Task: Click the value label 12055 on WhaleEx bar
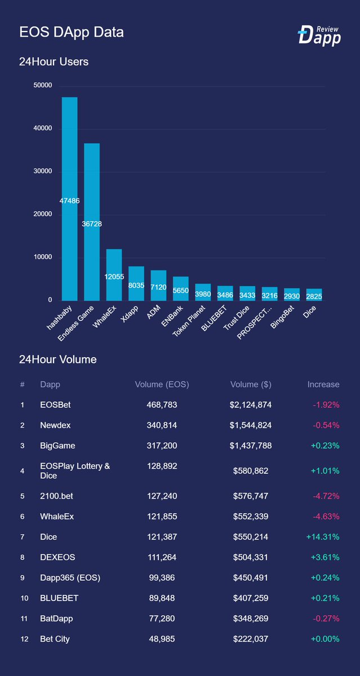click(114, 277)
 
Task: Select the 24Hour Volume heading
click(57, 359)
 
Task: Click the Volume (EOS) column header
click(162, 385)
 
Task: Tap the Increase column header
click(323, 385)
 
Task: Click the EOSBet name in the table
click(55, 405)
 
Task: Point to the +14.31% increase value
click(322, 537)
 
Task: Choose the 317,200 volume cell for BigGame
click(162, 446)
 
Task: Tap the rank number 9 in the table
click(23, 578)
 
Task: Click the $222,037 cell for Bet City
click(251, 639)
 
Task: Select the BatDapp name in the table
click(56, 619)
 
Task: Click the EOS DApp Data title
click(72, 32)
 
